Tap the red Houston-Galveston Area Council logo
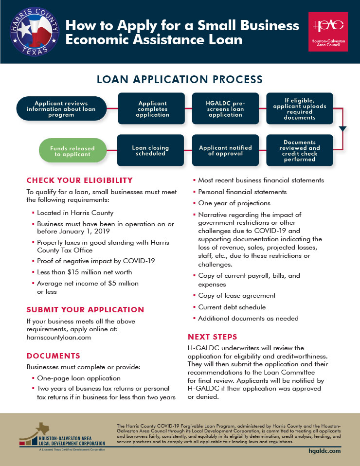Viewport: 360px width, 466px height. pos(328,32)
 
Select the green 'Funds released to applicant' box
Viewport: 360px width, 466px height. pos(72,151)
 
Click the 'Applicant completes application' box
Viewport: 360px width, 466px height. pos(152,109)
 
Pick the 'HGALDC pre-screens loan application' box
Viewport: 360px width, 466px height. pos(225,109)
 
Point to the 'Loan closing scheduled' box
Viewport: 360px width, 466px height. pos(151,151)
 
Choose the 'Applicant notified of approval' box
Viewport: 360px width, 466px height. pos(225,151)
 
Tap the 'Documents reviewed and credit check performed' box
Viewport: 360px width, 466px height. pos(300,151)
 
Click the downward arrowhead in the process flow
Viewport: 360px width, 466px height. pos(342,129)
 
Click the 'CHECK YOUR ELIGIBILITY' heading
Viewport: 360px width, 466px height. pos(79,180)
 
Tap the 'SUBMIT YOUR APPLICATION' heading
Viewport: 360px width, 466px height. pos(85,309)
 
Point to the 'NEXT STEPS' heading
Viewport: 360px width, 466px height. pos(213,337)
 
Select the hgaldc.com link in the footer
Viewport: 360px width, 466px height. pos(325,451)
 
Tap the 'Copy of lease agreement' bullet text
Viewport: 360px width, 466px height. pos(237,295)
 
